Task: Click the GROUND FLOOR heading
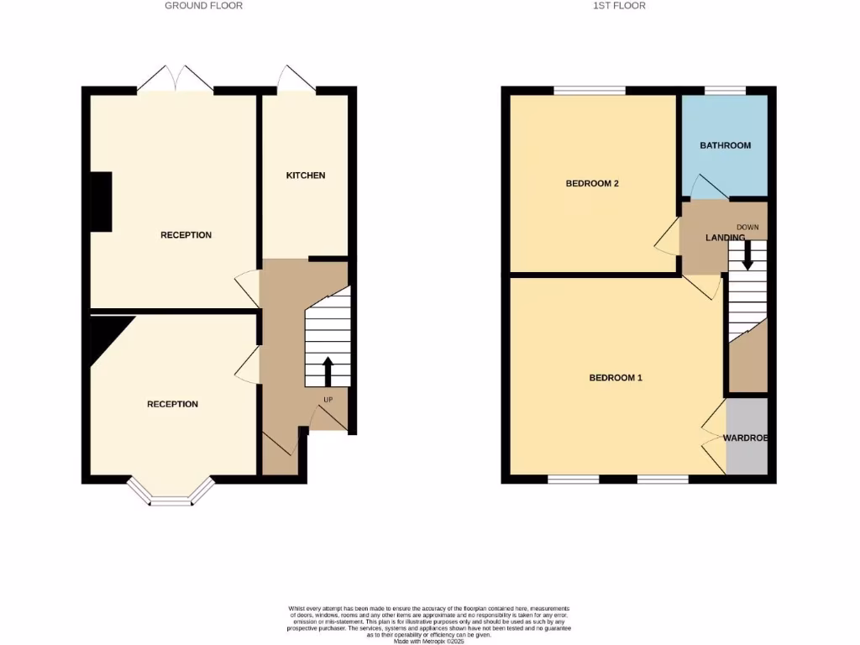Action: [203, 6]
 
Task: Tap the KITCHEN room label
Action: [306, 176]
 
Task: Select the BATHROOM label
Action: [726, 145]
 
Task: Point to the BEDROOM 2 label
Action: [592, 183]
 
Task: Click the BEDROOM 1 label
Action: [616, 378]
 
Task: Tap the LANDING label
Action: [725, 238]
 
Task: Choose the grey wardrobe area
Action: [747, 437]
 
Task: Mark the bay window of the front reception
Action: [171, 496]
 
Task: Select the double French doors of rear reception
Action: [176, 79]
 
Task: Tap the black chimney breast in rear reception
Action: [101, 202]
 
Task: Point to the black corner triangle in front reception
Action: [107, 333]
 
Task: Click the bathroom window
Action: [725, 90]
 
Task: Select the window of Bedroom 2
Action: [590, 90]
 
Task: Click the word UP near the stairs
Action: [328, 399]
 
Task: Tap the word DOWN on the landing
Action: [747, 228]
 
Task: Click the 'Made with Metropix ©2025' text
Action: [428, 641]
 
